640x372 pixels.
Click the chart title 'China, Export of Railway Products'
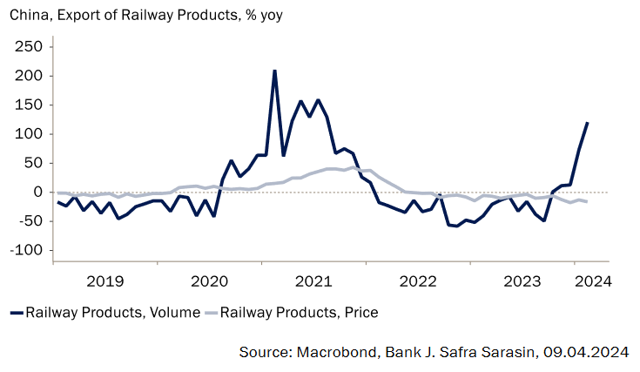pos(146,14)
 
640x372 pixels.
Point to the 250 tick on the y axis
pos(29,46)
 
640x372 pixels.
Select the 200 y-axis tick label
pos(29,76)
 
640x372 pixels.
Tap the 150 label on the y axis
pos(29,105)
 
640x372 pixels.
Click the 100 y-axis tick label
pos(29,134)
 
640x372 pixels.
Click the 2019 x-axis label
pos(105,281)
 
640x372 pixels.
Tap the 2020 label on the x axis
pos(209,281)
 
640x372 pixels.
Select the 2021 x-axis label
pos(313,281)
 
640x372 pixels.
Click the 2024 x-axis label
pos(593,281)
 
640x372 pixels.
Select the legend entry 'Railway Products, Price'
pos(300,312)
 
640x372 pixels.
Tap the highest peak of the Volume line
pos(274,71)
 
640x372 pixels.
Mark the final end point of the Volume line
pos(587,123)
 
